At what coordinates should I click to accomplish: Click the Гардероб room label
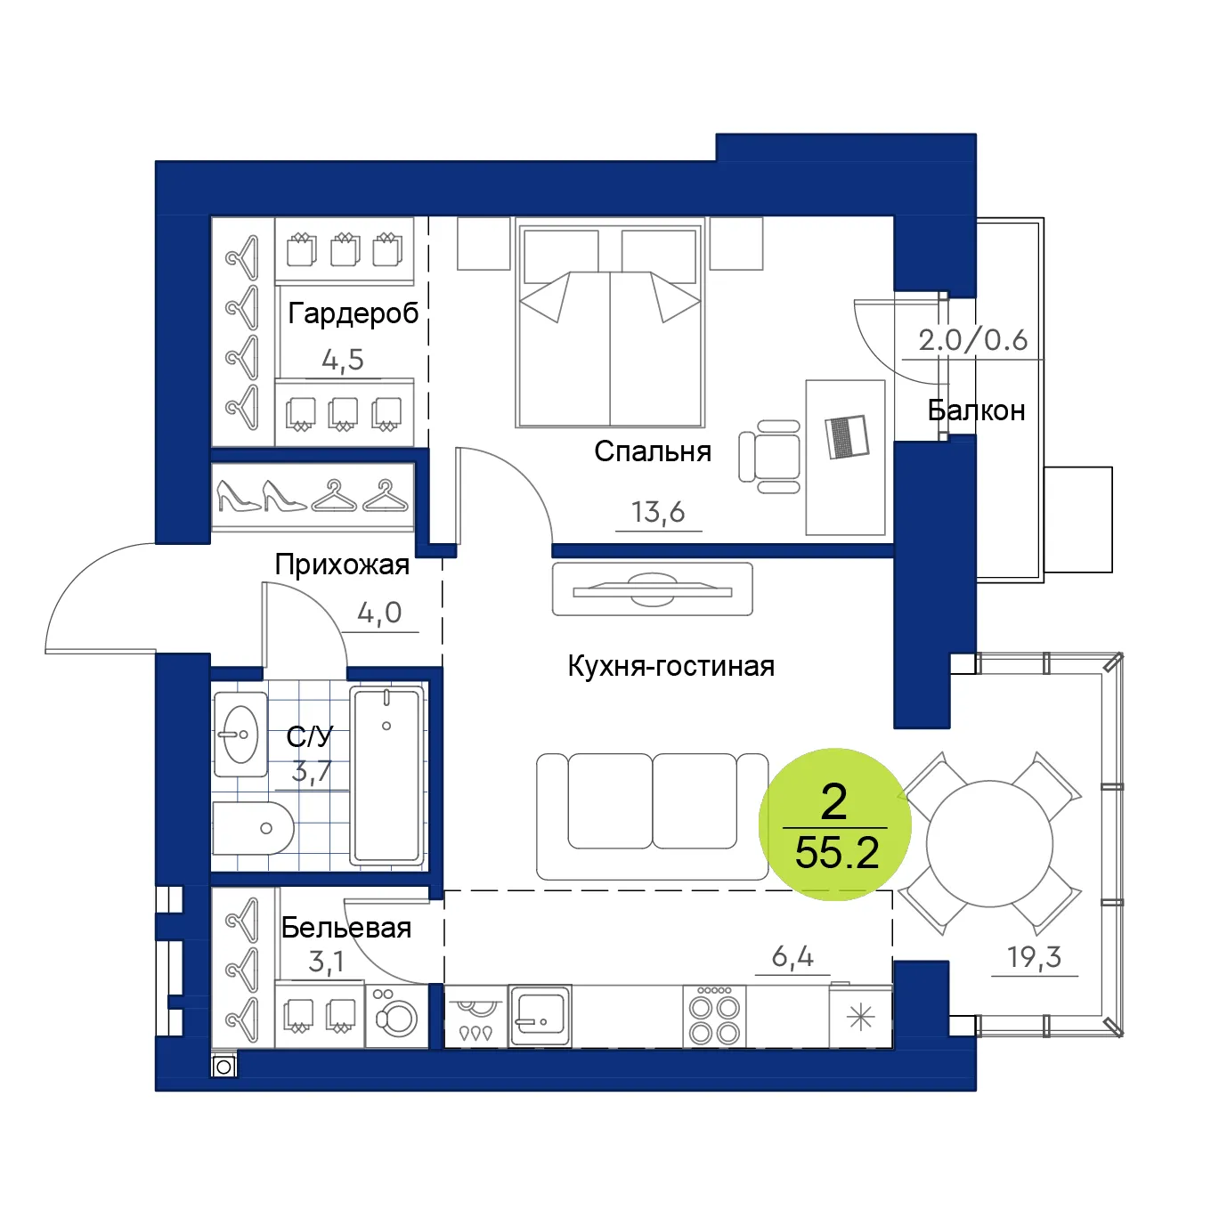click(x=353, y=313)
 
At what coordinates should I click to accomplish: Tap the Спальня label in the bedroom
click(x=653, y=451)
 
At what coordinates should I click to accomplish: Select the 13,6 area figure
click(x=658, y=512)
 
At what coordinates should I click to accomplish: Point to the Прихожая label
click(x=342, y=564)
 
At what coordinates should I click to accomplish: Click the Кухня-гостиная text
click(x=671, y=666)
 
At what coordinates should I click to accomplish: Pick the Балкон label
click(x=976, y=410)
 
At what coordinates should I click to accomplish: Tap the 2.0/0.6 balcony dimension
click(x=973, y=340)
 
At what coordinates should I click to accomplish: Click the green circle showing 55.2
click(x=835, y=824)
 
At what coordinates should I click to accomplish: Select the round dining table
click(x=989, y=843)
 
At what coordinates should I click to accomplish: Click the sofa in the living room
click(x=652, y=816)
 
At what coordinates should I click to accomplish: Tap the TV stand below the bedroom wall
click(x=653, y=589)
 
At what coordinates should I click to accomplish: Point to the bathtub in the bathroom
click(x=386, y=775)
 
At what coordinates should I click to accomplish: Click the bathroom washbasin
click(x=240, y=734)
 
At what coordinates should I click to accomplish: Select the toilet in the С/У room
click(x=253, y=828)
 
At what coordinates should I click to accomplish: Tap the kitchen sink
click(x=540, y=1015)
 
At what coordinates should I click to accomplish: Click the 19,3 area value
click(x=1034, y=956)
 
